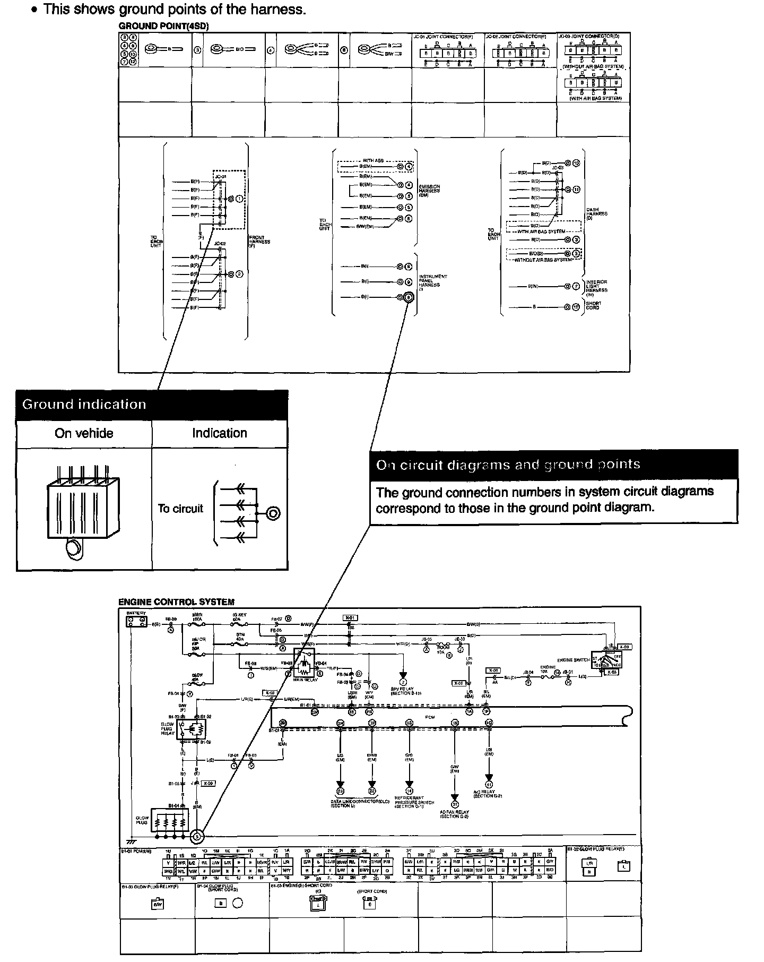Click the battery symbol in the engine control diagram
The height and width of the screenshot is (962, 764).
coord(136,621)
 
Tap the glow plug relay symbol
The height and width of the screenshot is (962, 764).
coord(190,728)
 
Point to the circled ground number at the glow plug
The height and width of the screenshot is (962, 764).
coord(197,837)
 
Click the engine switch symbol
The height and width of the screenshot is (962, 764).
coord(607,660)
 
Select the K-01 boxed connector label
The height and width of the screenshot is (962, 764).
coord(350,617)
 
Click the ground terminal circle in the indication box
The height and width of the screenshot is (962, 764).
coord(273,513)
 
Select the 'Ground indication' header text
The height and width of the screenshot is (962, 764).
coord(84,405)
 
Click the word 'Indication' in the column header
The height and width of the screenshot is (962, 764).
coord(220,433)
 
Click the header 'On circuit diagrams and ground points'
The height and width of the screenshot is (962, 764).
coord(508,465)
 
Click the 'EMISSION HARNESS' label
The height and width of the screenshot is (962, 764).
coord(429,191)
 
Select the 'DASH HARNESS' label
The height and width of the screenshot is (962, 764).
coord(597,213)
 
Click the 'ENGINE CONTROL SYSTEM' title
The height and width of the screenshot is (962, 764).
coord(176,602)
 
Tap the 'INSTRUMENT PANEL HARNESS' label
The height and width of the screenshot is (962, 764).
coord(433,281)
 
